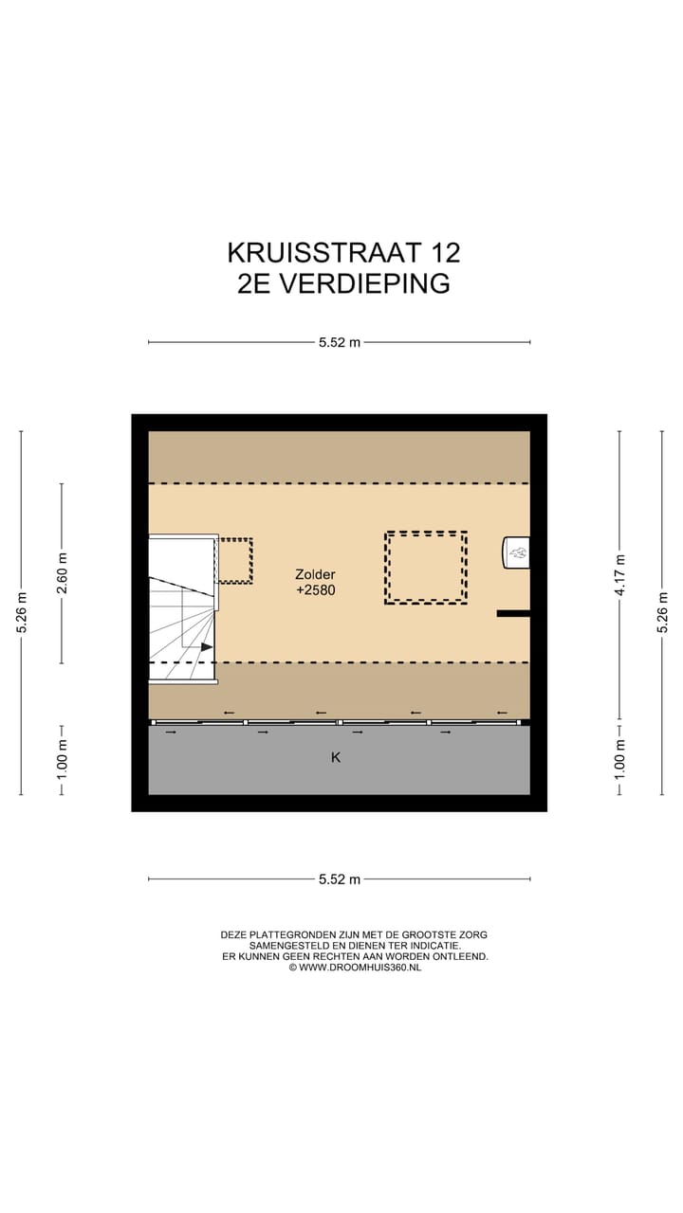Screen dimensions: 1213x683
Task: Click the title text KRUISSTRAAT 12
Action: tap(343, 253)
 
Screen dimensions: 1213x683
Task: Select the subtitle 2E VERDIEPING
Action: tap(343, 283)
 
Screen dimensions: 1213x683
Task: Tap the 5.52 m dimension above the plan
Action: tap(339, 342)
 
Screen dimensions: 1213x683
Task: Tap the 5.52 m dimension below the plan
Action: tap(339, 879)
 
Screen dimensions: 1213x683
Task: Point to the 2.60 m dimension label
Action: tap(63, 573)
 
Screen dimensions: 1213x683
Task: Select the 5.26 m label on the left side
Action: tap(21, 612)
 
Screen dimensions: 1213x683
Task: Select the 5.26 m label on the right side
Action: tap(662, 612)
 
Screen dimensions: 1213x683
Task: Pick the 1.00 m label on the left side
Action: tap(63, 760)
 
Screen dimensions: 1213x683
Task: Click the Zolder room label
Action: tap(315, 574)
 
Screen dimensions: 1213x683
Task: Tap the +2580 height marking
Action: tap(315, 589)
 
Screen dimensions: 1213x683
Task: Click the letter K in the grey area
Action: tap(335, 757)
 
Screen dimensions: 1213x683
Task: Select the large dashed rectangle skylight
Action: tap(425, 567)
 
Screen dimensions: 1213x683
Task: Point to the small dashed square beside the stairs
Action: tap(235, 560)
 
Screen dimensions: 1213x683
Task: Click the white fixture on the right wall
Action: tap(516, 552)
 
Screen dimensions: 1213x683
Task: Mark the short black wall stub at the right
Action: tap(513, 614)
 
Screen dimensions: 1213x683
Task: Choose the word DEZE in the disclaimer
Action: tap(235, 934)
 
